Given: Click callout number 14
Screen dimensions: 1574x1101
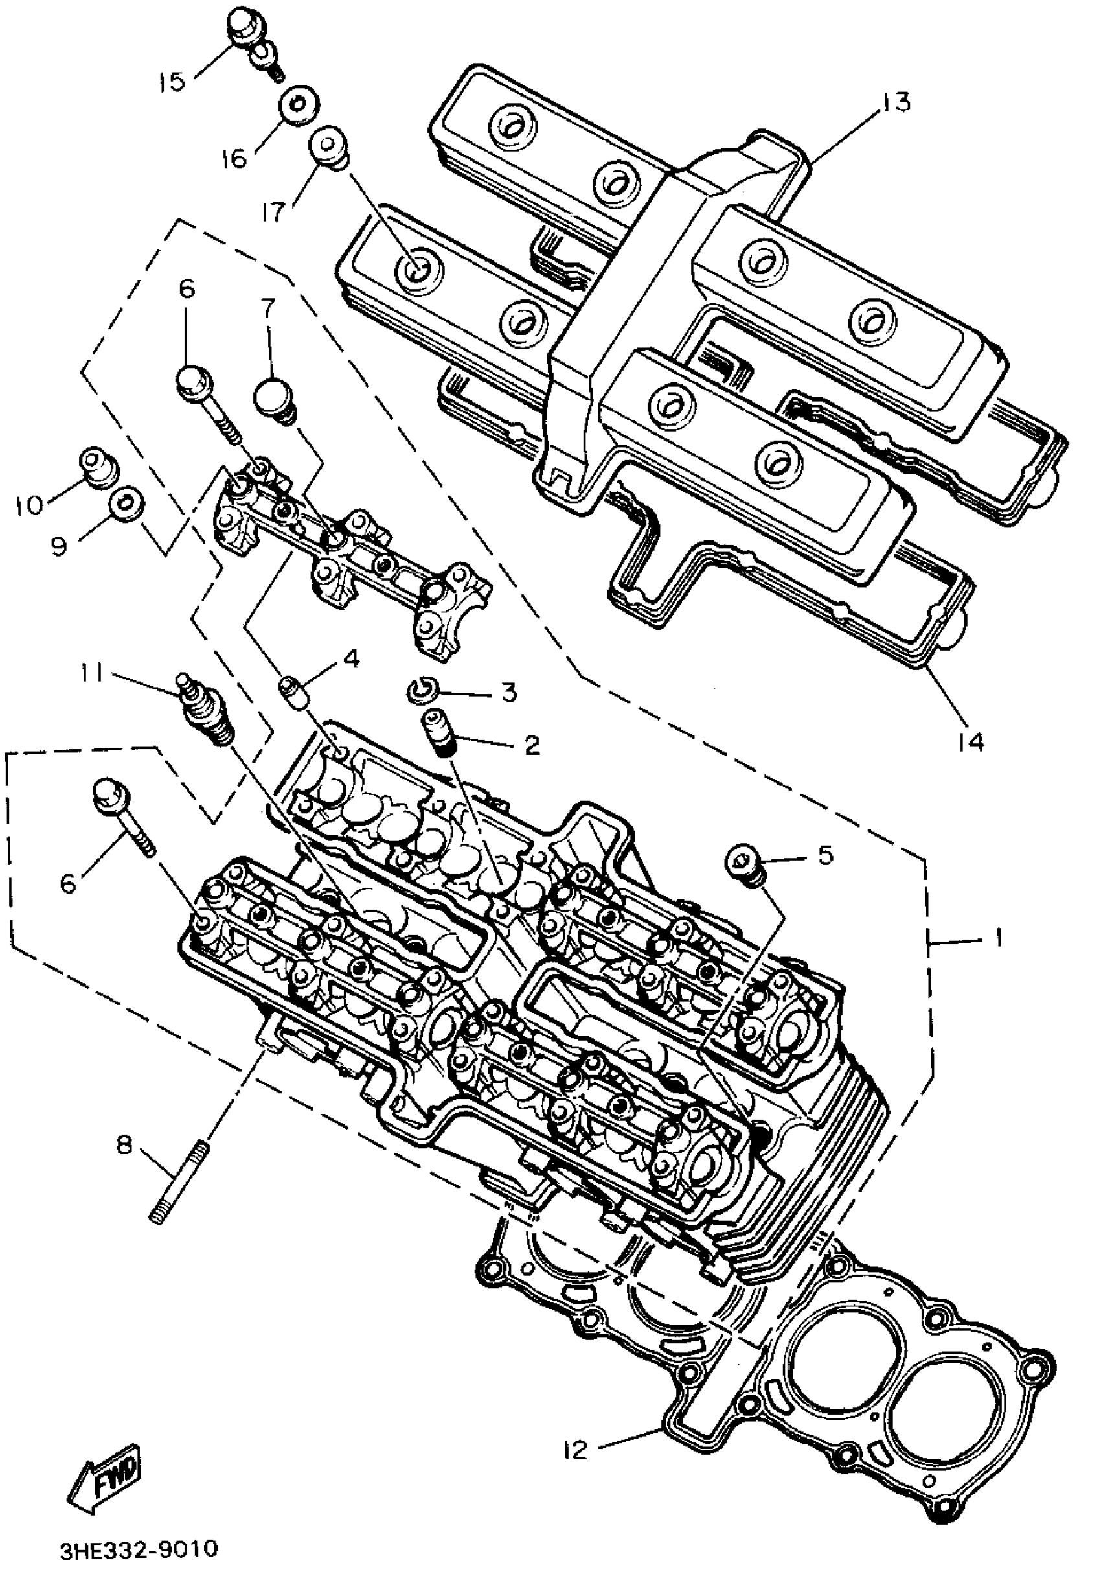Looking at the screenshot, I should (971, 741).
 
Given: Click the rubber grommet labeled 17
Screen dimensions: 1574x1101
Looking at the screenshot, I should (328, 146).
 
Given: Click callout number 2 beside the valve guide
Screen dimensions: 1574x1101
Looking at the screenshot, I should (532, 745).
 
